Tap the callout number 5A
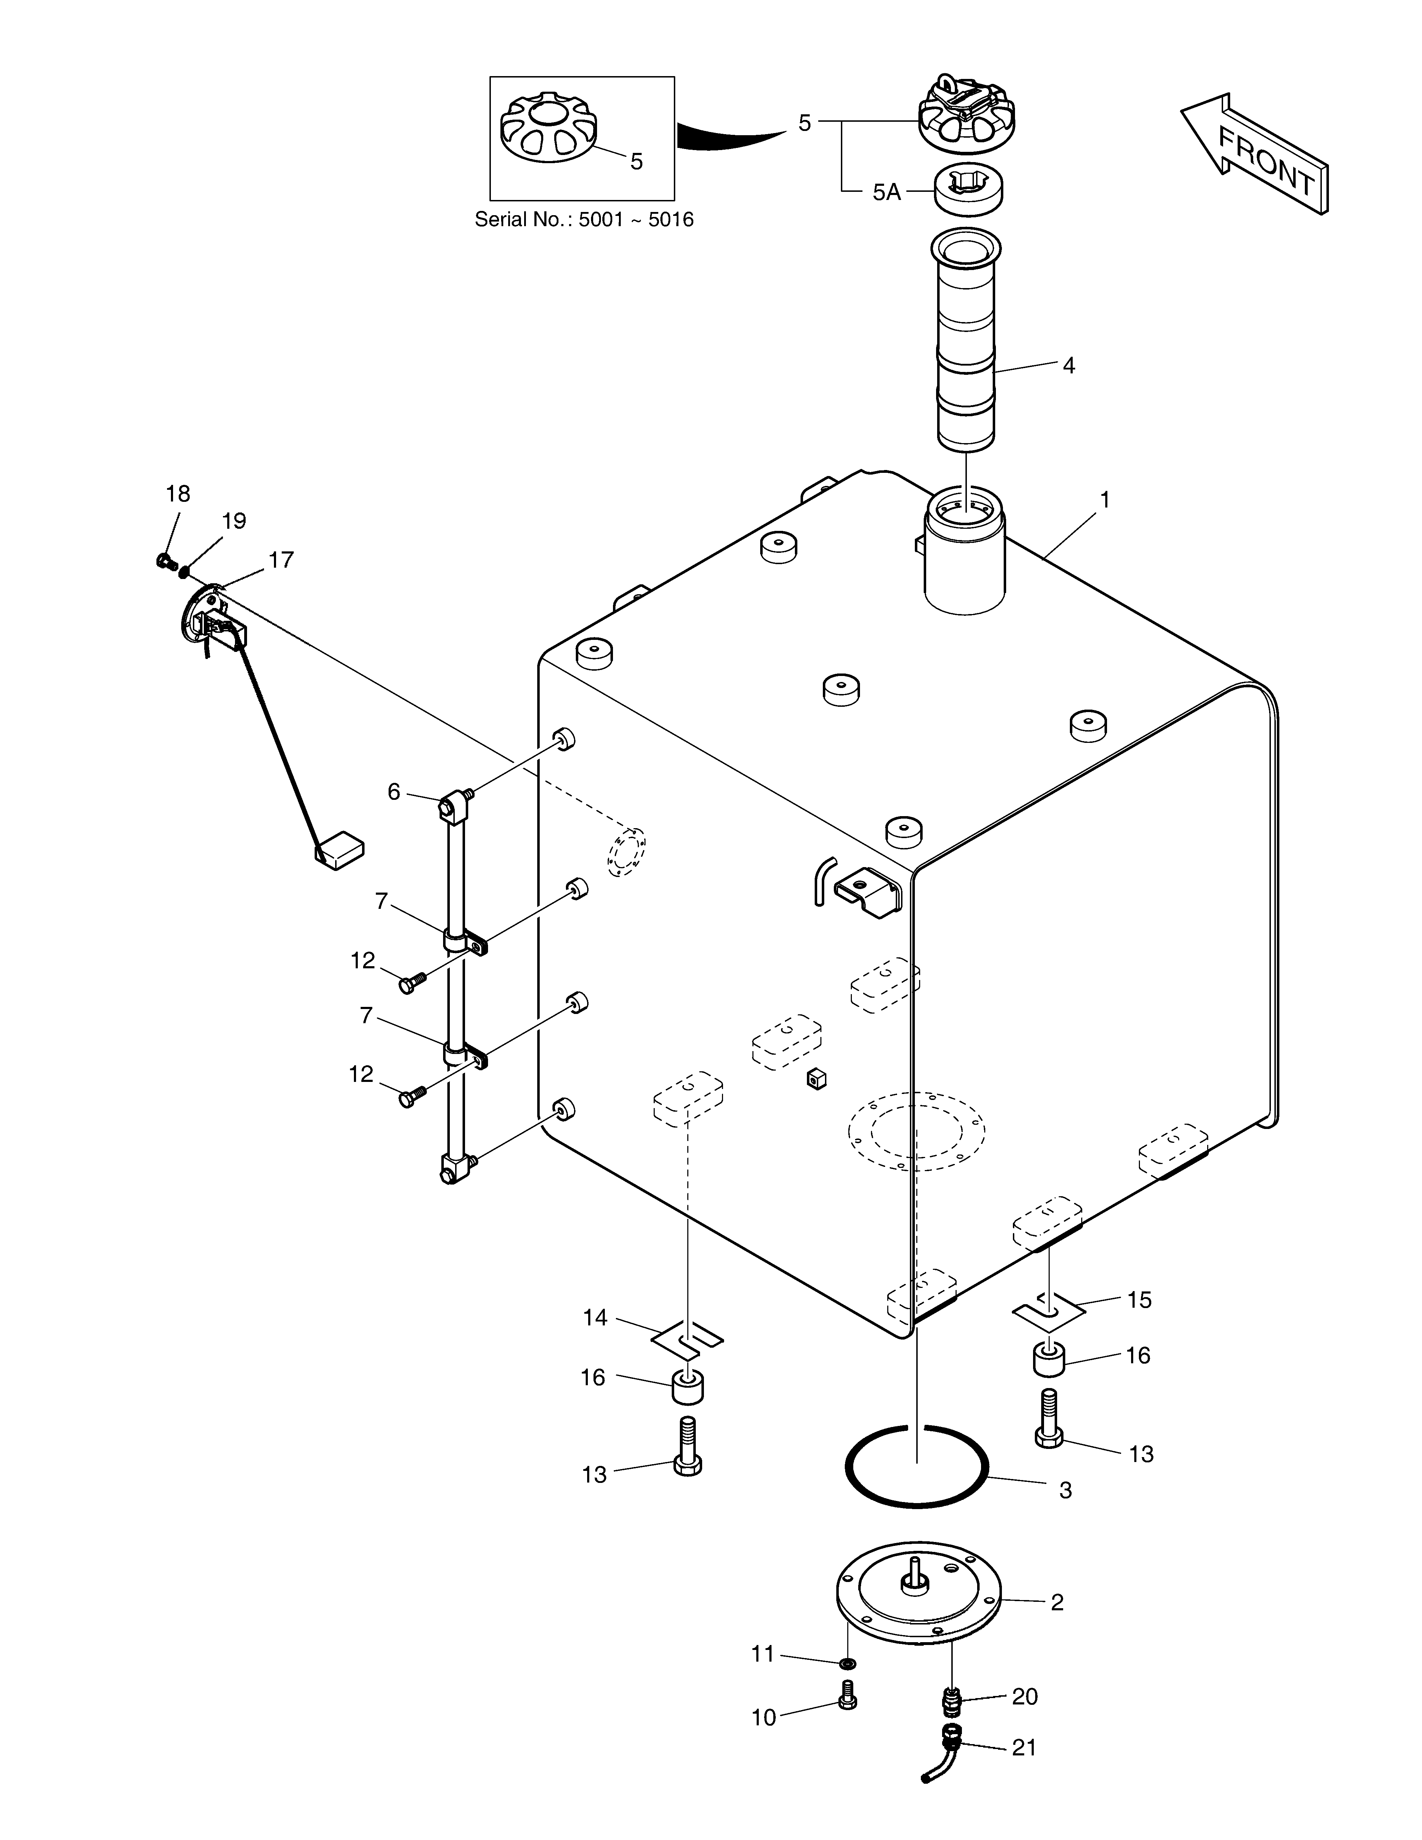pos(886,193)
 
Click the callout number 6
pos(394,792)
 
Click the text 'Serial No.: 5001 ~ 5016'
pos(584,220)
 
